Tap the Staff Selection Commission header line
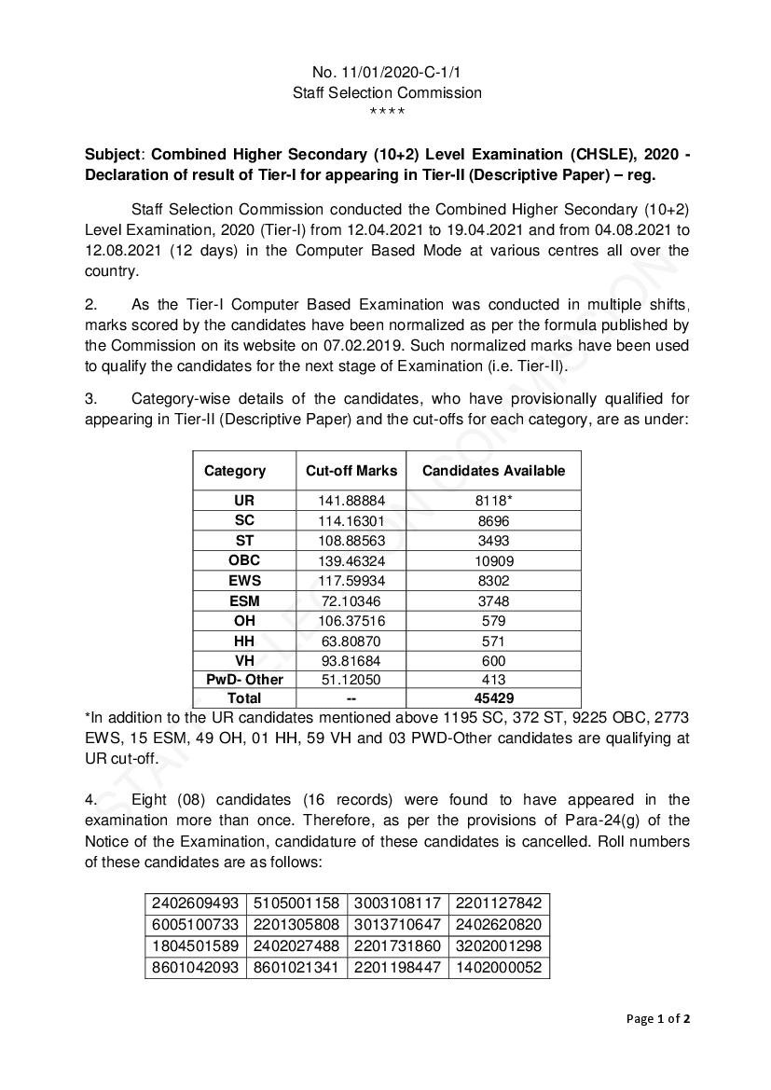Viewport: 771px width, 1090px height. coord(387,92)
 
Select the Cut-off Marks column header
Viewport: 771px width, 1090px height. coord(351,471)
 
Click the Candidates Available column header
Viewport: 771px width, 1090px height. coord(493,471)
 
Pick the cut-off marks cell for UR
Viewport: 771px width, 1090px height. coord(351,501)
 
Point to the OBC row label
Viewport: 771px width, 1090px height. coord(244,560)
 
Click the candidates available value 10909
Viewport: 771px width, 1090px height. coord(493,561)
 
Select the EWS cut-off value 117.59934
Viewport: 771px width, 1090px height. coord(351,581)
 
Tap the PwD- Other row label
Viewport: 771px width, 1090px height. coord(244,680)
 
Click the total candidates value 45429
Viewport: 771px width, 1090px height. coord(493,698)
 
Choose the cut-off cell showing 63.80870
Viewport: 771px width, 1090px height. coord(351,641)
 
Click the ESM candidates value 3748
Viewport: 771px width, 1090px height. coord(493,600)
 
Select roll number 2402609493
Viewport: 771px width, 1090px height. coord(196,904)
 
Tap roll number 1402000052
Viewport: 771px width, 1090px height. coord(499,969)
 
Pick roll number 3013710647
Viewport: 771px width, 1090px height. coord(397,925)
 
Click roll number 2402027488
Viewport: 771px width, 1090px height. coord(296,946)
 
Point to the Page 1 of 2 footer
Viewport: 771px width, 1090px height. coord(657,1018)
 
